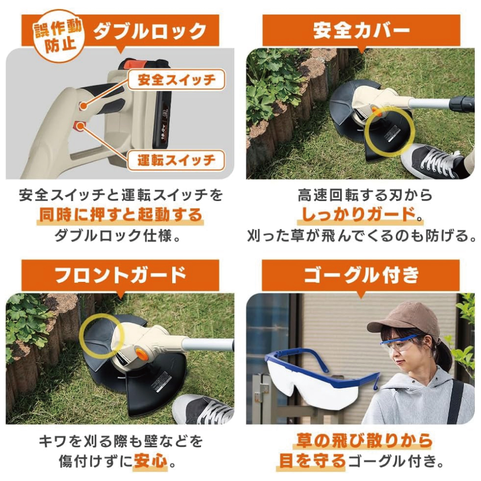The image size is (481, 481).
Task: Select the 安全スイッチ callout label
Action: point(177,80)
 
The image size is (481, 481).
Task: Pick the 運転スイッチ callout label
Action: point(177,160)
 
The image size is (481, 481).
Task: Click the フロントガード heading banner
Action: point(120,275)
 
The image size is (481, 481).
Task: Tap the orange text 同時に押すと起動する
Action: point(120,215)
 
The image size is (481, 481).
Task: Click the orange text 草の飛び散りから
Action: point(364,441)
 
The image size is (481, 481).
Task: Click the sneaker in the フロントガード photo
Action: point(203,409)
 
